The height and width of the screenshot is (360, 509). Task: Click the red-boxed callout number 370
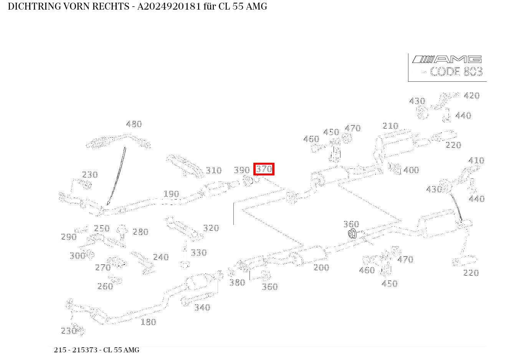click(x=264, y=169)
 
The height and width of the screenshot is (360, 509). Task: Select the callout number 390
click(x=242, y=170)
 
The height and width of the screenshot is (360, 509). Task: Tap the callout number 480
click(x=134, y=124)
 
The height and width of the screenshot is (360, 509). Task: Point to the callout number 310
click(x=213, y=170)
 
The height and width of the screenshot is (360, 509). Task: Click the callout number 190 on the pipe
click(x=171, y=194)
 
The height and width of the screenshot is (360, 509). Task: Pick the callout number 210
click(x=390, y=126)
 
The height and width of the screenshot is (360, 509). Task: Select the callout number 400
click(x=411, y=170)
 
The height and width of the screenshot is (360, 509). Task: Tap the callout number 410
click(x=476, y=160)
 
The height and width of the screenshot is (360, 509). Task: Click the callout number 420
click(x=472, y=96)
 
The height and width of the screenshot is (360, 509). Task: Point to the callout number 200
click(x=321, y=268)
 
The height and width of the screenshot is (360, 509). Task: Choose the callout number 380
click(x=237, y=283)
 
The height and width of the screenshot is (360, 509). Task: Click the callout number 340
click(x=202, y=307)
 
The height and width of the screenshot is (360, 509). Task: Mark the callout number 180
click(x=149, y=322)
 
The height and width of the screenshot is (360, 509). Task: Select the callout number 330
click(x=199, y=253)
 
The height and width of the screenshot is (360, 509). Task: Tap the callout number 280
click(x=140, y=232)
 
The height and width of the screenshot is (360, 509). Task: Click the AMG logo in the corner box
click(x=447, y=59)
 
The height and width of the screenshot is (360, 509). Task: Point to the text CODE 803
click(x=456, y=72)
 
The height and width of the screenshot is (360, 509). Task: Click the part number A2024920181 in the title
click(x=169, y=7)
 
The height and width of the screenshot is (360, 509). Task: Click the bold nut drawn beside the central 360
click(x=352, y=234)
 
